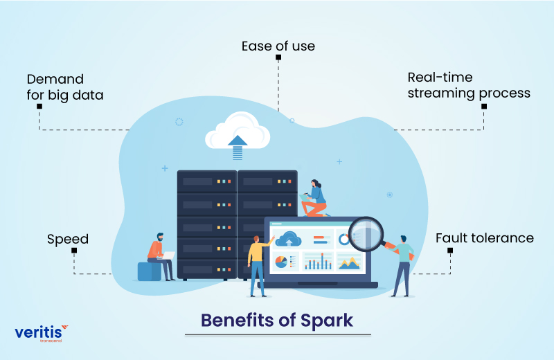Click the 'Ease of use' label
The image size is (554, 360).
278,46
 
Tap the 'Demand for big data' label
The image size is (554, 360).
64,87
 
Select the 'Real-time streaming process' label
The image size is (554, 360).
469,85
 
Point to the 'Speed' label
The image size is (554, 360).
68,240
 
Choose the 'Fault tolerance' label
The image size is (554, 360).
484,238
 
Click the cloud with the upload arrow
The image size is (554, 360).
237,132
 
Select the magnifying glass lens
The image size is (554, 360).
365,233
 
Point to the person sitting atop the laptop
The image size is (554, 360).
316,198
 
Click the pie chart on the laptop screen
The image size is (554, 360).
281,262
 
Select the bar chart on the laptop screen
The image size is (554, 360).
318,262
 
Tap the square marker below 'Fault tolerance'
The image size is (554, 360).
451,249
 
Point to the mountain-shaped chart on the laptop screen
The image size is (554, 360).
348,262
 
